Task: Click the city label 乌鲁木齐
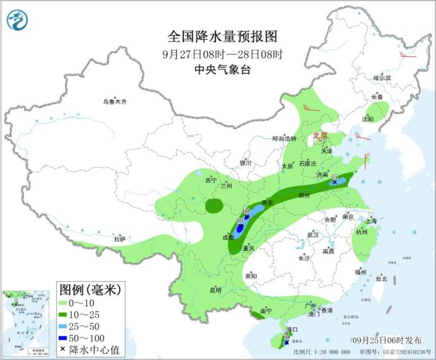[115, 102]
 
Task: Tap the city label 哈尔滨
[382, 78]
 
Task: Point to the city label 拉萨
[120, 239]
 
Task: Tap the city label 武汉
[313, 235]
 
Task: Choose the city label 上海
[371, 220]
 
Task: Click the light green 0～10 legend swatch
[64, 303]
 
